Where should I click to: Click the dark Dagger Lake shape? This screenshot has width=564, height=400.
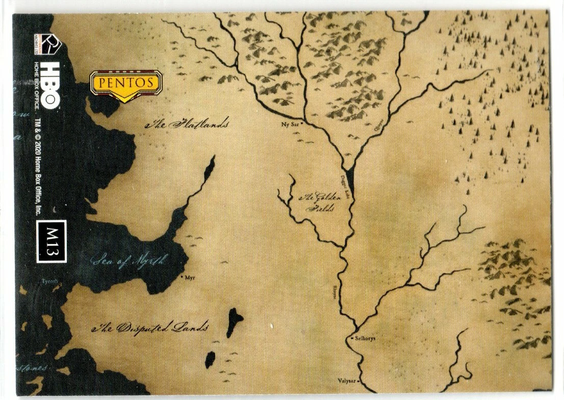click(x=351, y=176)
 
